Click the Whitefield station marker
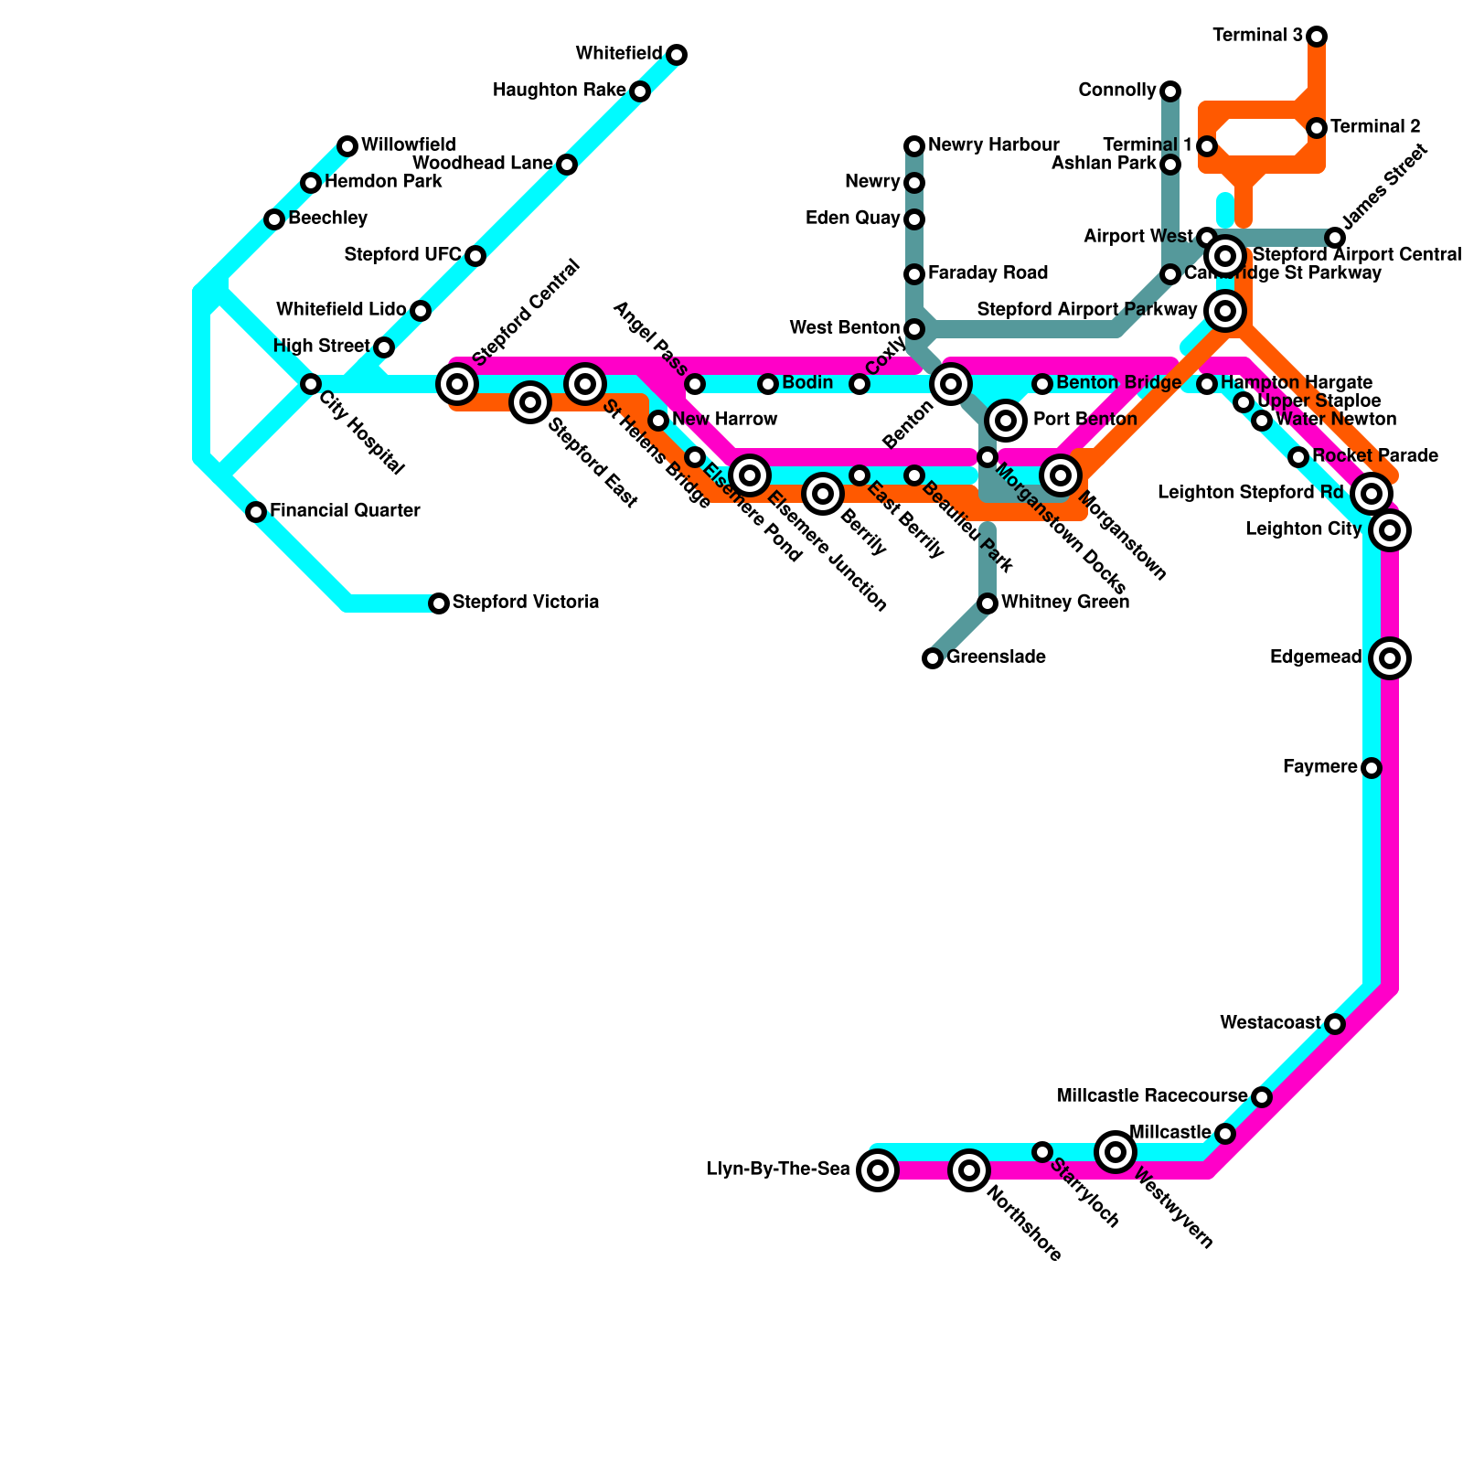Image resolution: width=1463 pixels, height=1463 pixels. [x=677, y=55]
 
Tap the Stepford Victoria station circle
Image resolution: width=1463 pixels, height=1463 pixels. [x=439, y=603]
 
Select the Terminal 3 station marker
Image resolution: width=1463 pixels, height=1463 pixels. [x=1317, y=37]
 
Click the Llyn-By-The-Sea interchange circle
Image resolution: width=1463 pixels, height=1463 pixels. [x=878, y=1170]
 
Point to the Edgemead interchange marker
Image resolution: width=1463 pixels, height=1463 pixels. [x=1390, y=658]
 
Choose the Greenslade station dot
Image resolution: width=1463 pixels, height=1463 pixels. [x=933, y=658]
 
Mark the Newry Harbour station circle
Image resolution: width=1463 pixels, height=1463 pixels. [x=914, y=146]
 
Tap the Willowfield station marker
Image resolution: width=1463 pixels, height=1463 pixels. [x=347, y=146]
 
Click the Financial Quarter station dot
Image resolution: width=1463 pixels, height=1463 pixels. [x=256, y=512]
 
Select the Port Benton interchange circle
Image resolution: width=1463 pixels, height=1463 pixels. [x=1006, y=421]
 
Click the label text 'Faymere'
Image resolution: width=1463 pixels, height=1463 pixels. [x=1319, y=767]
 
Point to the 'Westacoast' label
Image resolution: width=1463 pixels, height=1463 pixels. [x=1270, y=1023]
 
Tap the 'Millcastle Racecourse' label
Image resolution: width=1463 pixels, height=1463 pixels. [x=1151, y=1096]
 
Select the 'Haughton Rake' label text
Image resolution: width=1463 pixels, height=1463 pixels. [x=559, y=91]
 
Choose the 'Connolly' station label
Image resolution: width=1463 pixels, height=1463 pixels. [x=1116, y=91]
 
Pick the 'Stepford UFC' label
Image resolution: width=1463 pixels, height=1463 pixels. [x=402, y=255]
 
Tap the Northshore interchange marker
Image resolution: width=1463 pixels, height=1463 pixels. [x=969, y=1170]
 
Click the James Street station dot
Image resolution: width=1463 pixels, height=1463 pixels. [x=1335, y=238]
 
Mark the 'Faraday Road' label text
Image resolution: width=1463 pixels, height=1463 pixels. [x=988, y=273]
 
